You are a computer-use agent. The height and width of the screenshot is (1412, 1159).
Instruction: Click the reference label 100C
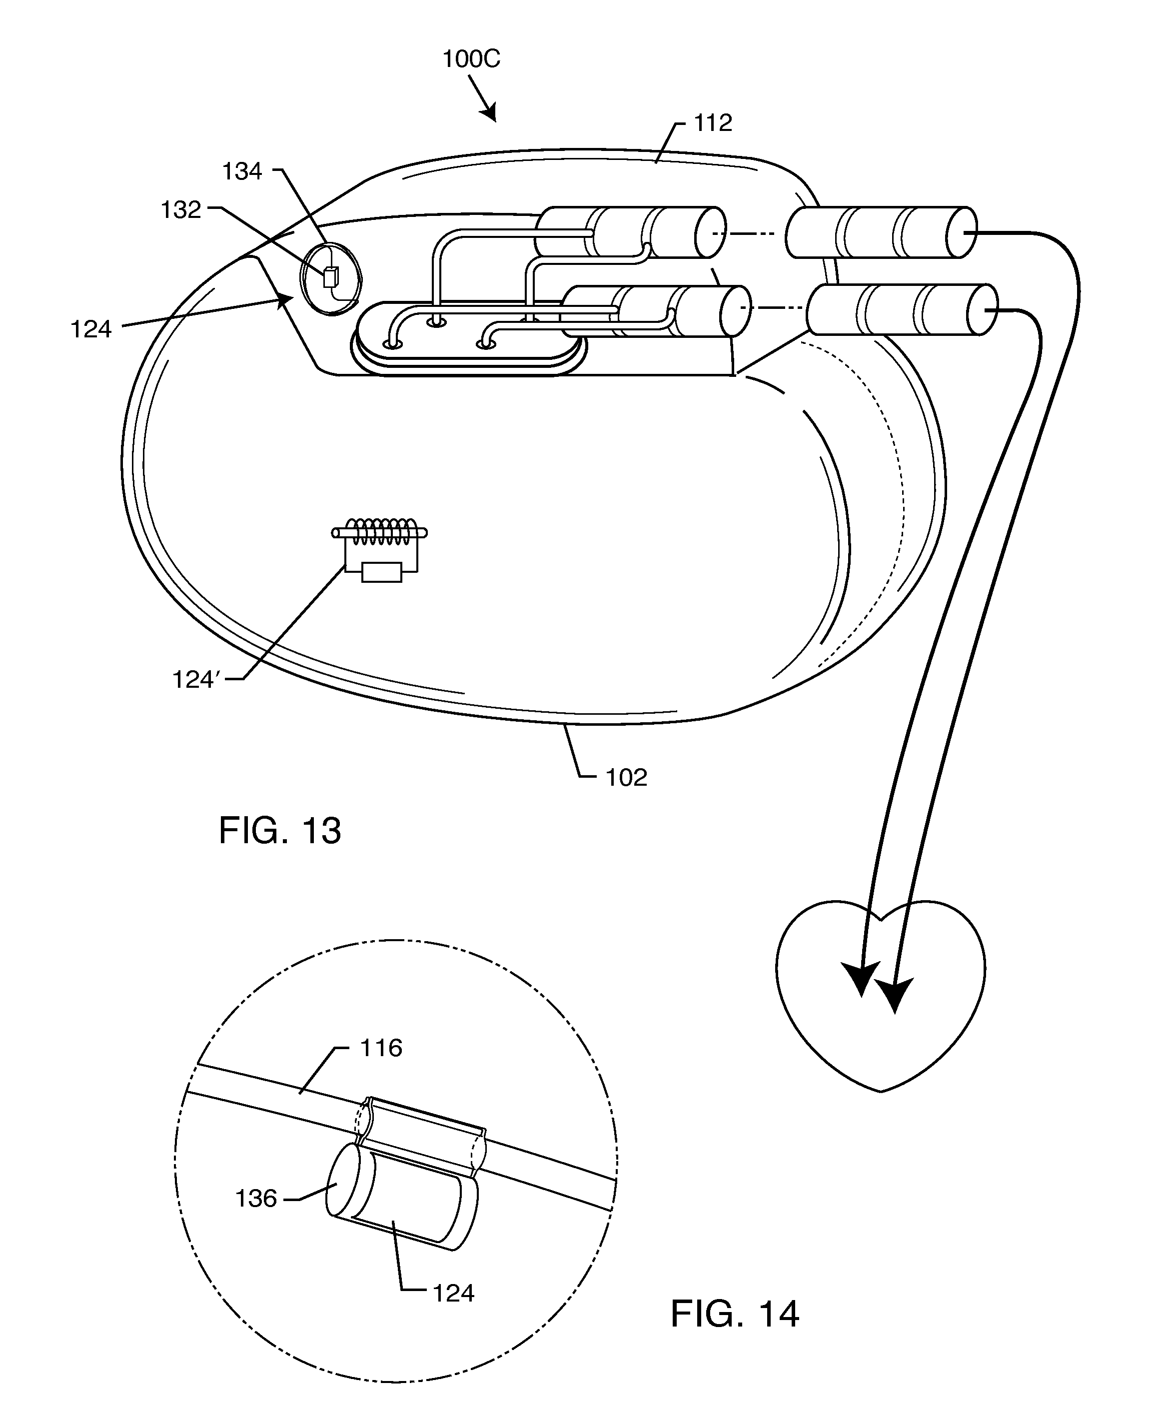coord(471,59)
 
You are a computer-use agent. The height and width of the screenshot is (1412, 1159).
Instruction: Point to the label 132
coord(180,210)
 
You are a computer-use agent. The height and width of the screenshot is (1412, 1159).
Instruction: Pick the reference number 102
coord(626,778)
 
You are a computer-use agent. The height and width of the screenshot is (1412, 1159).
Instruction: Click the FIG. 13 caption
coord(280,831)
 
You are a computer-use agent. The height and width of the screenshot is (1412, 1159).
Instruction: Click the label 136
coord(256,1199)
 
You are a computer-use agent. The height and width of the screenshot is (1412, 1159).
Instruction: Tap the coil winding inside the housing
coord(379,532)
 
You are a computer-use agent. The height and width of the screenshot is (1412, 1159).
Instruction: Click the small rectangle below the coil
coord(381,572)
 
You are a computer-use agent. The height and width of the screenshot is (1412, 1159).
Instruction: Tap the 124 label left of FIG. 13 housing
coord(91,329)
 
